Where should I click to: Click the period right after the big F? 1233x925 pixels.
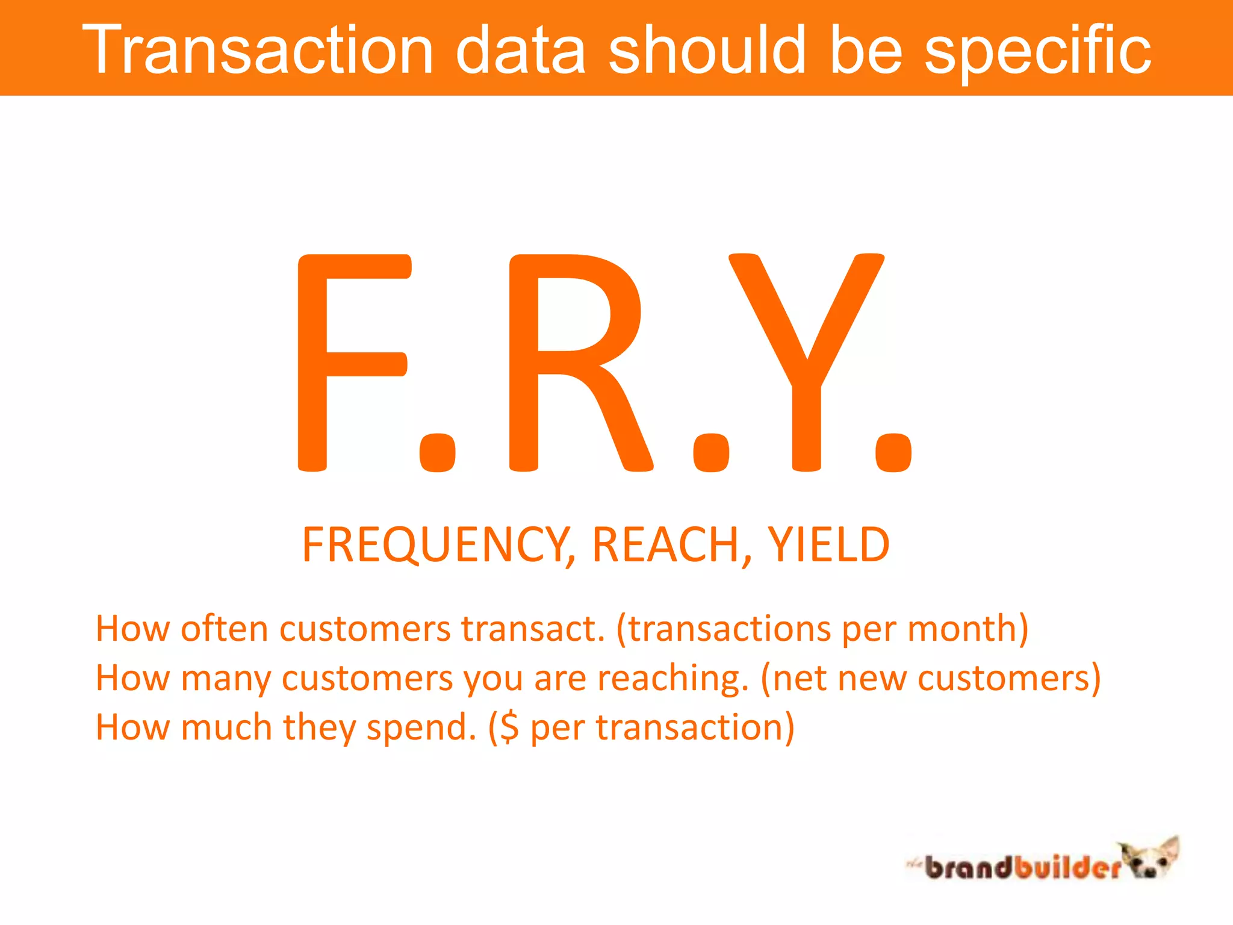point(437,453)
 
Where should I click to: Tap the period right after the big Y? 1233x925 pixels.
point(893,453)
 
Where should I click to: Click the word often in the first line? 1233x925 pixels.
point(224,629)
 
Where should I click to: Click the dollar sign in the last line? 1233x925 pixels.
point(509,727)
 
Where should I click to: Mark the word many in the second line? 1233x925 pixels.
point(225,679)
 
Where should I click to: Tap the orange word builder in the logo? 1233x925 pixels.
point(1066,867)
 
